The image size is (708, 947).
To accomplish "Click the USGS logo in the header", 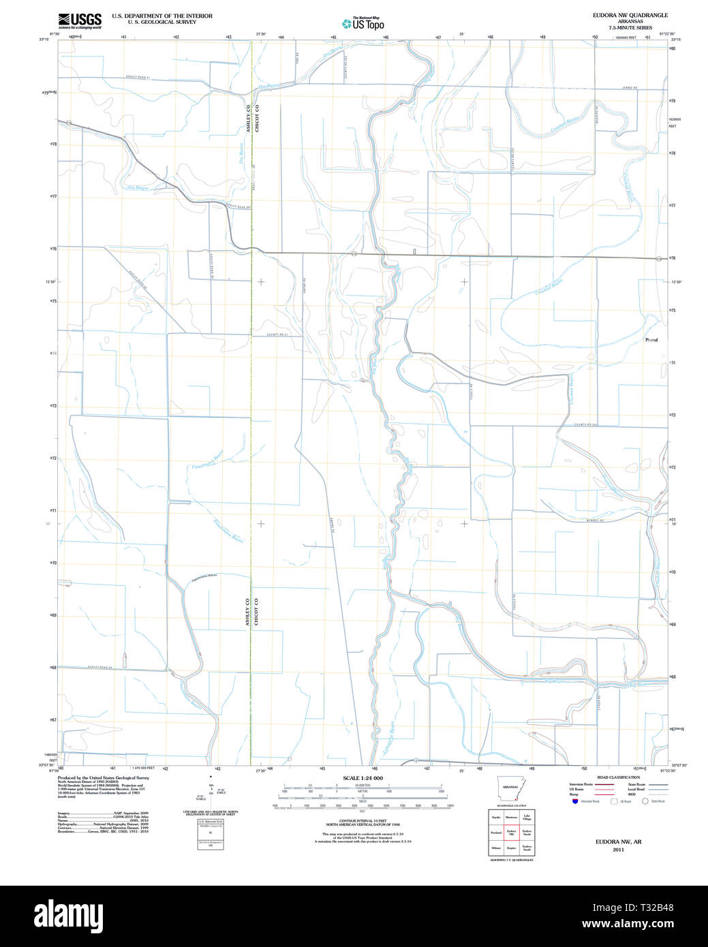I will coord(80,20).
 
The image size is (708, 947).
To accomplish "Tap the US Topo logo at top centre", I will coord(363,24).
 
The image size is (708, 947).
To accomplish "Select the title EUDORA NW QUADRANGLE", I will coord(630,15).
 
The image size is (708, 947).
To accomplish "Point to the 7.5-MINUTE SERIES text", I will coord(630,28).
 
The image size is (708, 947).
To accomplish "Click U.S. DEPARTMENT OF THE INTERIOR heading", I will coord(162,16).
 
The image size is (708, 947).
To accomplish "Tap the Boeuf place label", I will coord(651,339).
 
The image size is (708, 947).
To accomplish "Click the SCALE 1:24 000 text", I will coord(363,778).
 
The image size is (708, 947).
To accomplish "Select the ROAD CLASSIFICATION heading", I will coord(618,777).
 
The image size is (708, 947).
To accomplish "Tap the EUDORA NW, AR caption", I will coord(618,842).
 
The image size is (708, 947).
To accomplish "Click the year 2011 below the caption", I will coord(618,850).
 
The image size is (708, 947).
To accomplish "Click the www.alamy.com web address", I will coord(645,924).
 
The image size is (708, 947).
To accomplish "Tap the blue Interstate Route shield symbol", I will coord(575,801).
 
